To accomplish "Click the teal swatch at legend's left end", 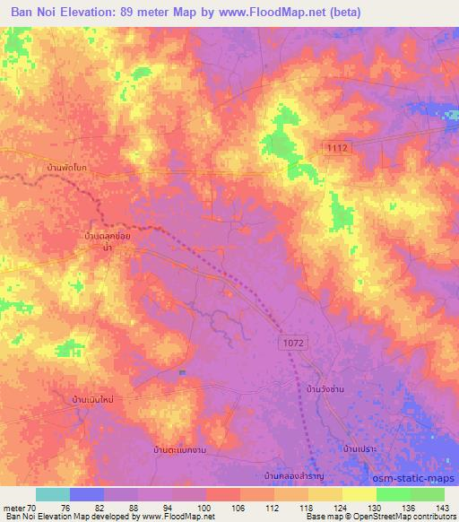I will (x=53, y=494).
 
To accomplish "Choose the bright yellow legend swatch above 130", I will (x=359, y=494).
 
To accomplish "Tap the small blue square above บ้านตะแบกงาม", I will (x=182, y=372).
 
